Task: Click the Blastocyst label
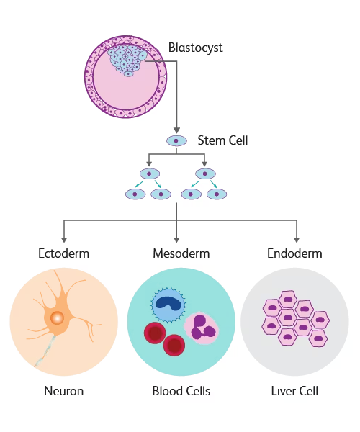click(x=195, y=48)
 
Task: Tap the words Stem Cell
click(x=222, y=140)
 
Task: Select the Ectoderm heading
click(x=63, y=253)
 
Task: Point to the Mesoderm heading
click(x=181, y=253)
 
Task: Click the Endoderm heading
click(x=294, y=253)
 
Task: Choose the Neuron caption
click(x=63, y=391)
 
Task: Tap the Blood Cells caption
click(x=181, y=391)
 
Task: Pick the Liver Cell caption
click(x=294, y=391)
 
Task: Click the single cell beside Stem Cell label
click(x=176, y=141)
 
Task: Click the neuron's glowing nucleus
click(x=57, y=318)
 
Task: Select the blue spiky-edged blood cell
click(x=168, y=305)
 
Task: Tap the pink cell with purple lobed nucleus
click(x=202, y=328)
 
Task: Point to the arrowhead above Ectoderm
click(x=64, y=240)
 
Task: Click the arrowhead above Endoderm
click(x=297, y=240)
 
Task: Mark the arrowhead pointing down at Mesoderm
click(x=176, y=240)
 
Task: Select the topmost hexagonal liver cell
click(x=288, y=300)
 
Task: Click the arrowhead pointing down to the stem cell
click(x=176, y=130)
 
